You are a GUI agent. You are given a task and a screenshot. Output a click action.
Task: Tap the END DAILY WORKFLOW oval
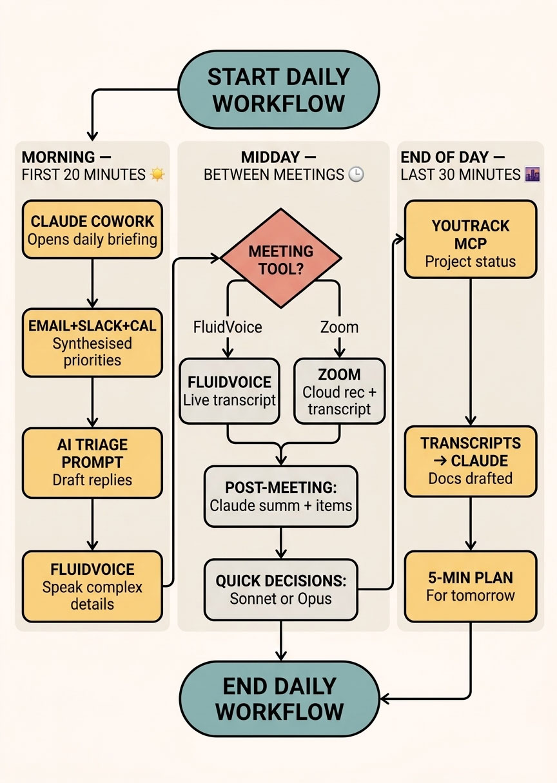click(278, 699)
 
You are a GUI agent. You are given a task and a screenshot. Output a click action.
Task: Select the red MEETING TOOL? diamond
click(281, 259)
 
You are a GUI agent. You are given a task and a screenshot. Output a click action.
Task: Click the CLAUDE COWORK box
click(92, 230)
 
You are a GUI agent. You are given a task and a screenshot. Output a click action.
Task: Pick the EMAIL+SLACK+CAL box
click(92, 343)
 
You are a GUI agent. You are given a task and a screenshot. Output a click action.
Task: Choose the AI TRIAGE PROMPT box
click(92, 462)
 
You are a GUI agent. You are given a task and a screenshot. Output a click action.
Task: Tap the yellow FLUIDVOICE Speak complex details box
click(92, 586)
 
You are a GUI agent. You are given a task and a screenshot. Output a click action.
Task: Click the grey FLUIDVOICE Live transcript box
click(229, 391)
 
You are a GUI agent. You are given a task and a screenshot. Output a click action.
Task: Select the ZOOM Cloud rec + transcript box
click(339, 391)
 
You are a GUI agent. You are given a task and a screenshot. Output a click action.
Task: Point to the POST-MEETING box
click(281, 496)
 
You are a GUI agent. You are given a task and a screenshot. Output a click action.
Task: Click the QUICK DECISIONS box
click(281, 589)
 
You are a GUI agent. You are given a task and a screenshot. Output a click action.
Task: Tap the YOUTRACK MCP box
click(470, 243)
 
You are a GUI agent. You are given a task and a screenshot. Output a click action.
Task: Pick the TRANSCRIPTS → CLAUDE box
click(470, 461)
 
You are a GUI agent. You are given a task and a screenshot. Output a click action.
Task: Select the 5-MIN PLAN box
click(470, 585)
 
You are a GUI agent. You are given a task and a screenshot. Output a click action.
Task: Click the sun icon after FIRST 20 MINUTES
click(157, 175)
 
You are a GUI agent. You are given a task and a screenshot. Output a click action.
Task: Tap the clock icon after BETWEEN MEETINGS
click(355, 175)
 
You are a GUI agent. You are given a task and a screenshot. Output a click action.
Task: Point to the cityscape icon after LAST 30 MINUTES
click(533, 175)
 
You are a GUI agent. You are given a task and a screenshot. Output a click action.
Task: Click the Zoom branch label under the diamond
click(339, 327)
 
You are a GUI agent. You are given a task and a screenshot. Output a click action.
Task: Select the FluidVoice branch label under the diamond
click(228, 327)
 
